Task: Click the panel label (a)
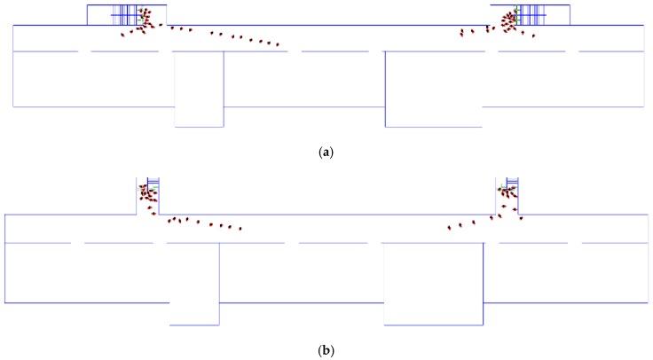[x=327, y=153]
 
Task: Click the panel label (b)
[x=327, y=349]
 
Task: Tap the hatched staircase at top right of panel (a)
[x=531, y=14]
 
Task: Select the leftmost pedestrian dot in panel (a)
[x=122, y=35]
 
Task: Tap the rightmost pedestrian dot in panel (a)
[x=533, y=35]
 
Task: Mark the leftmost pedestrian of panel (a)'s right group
[x=461, y=33]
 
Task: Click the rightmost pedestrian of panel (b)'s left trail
[x=240, y=228]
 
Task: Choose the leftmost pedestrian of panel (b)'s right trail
[x=450, y=229]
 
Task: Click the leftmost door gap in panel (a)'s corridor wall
[x=84, y=51]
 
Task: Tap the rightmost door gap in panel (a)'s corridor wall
[x=573, y=51]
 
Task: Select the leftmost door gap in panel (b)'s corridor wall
[x=77, y=242]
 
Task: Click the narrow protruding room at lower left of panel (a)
[x=199, y=89]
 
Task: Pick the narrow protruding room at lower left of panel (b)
[x=193, y=284]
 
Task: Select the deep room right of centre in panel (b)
[x=433, y=284]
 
